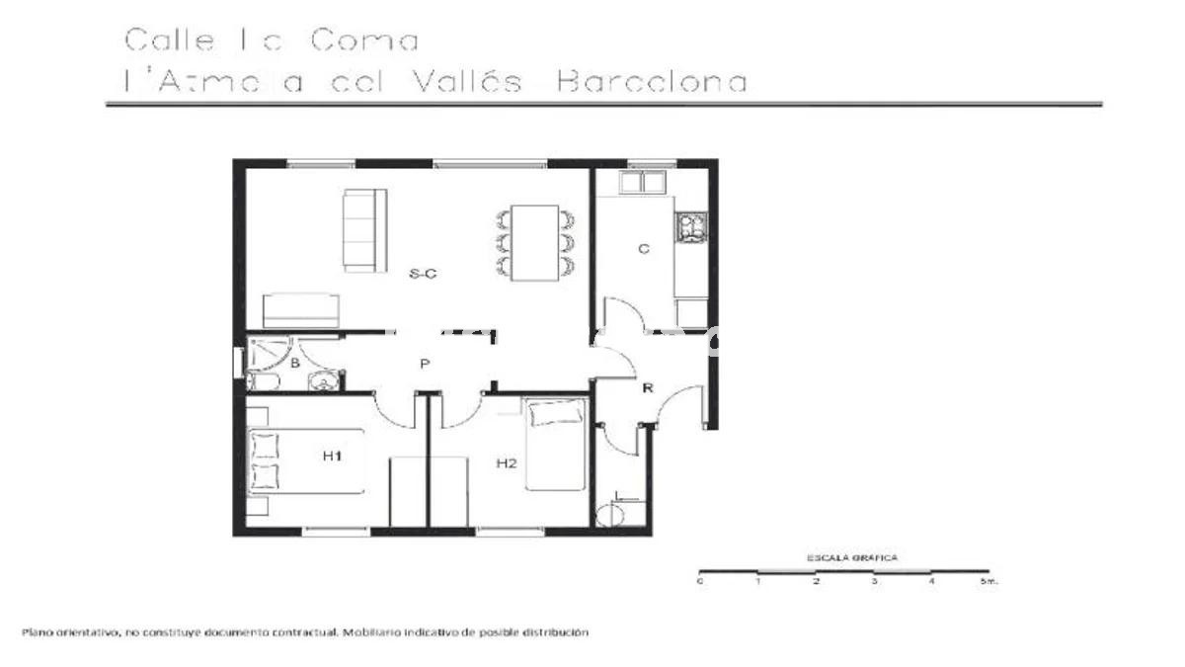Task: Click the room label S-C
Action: (x=423, y=275)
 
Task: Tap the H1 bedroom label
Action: (x=332, y=456)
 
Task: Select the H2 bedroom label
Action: (x=507, y=462)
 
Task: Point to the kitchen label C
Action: (x=643, y=249)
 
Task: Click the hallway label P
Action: (x=424, y=364)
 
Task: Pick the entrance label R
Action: (x=648, y=388)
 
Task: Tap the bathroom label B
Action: (x=294, y=364)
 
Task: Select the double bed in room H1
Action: (x=305, y=461)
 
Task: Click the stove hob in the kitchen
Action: (x=690, y=227)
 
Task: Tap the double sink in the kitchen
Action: (x=642, y=182)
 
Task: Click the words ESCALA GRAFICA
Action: (x=852, y=557)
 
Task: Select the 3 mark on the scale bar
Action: (x=874, y=582)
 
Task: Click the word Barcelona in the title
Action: (x=652, y=81)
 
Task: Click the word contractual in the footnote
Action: (x=304, y=631)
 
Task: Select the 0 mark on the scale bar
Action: (x=699, y=582)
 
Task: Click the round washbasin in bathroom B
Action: (x=323, y=381)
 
